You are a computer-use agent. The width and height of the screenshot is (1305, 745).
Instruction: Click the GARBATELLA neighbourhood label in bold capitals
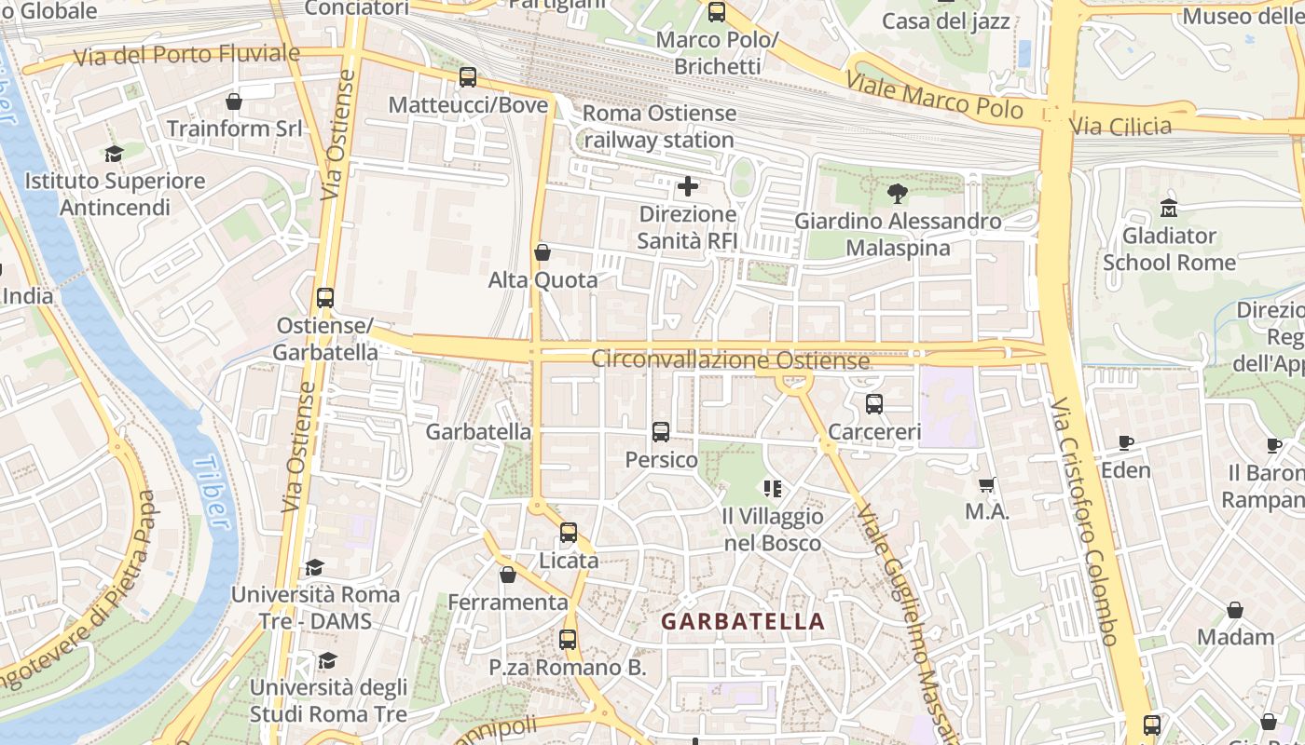pyautogui.click(x=743, y=621)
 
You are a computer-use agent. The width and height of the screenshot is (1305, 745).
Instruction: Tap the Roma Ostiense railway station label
pyautogui.click(x=659, y=127)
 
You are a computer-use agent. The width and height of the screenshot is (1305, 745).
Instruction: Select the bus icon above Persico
pyautogui.click(x=661, y=431)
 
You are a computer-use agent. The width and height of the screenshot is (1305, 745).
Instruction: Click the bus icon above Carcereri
pyautogui.click(x=873, y=404)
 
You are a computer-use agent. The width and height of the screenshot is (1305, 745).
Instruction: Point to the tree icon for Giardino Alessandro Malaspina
pyautogui.click(x=897, y=194)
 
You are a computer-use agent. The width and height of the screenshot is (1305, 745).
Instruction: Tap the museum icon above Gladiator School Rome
pyautogui.click(x=1168, y=208)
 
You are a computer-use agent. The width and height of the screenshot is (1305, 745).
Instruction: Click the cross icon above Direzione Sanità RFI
pyautogui.click(x=688, y=186)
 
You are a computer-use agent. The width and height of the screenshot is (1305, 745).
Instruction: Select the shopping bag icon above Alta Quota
pyautogui.click(x=543, y=251)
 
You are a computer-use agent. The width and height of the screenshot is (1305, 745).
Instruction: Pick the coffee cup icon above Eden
pyautogui.click(x=1125, y=442)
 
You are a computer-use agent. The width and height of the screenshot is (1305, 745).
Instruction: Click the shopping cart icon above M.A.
pyautogui.click(x=987, y=484)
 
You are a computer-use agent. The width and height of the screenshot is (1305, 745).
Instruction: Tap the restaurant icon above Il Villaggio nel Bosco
pyautogui.click(x=772, y=488)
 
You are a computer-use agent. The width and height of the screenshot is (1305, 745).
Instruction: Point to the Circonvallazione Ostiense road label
pyautogui.click(x=730, y=359)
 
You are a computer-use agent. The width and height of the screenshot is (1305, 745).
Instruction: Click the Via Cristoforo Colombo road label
pyautogui.click(x=1084, y=521)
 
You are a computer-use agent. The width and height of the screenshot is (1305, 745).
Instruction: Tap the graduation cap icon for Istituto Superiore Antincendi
pyautogui.click(x=114, y=154)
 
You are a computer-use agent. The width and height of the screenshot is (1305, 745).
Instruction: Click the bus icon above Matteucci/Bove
pyautogui.click(x=468, y=77)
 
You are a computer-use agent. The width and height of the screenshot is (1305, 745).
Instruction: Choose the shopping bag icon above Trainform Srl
pyautogui.click(x=234, y=101)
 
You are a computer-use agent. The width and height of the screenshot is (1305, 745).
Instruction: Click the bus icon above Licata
pyautogui.click(x=569, y=533)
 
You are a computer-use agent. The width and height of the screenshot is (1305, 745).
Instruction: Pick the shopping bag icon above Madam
pyautogui.click(x=1235, y=610)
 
